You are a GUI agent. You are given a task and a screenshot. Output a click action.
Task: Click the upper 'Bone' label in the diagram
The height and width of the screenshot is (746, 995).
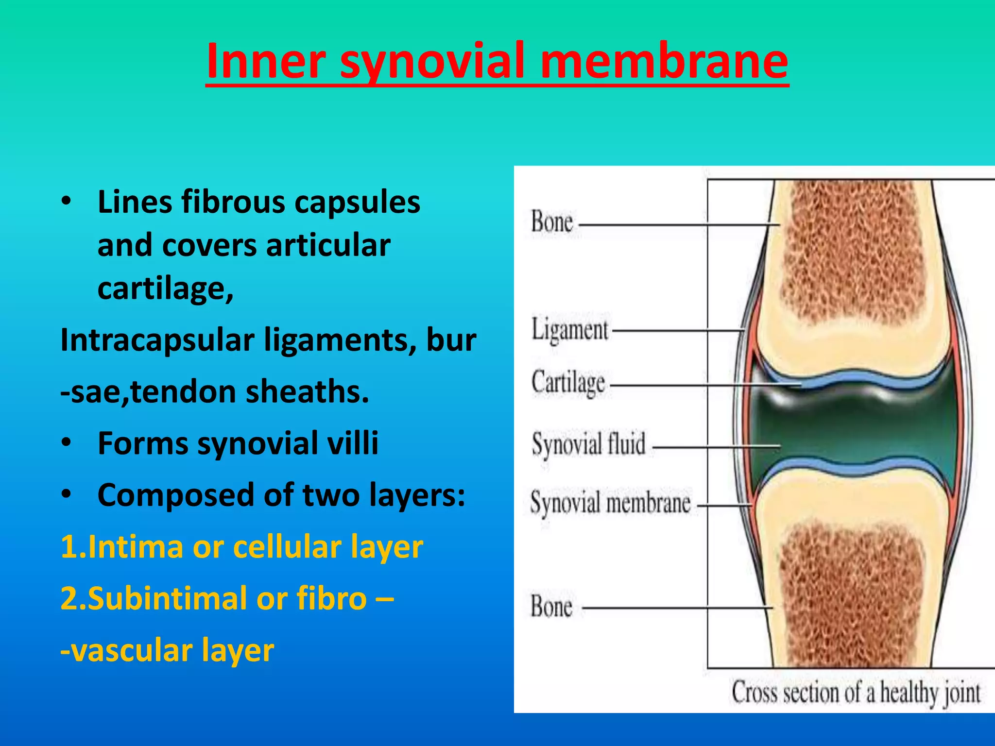click(x=552, y=222)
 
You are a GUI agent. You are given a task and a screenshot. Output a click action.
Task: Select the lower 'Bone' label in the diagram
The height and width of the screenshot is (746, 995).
click(x=551, y=607)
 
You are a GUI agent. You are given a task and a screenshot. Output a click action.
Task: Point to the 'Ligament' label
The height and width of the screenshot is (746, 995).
click(x=569, y=330)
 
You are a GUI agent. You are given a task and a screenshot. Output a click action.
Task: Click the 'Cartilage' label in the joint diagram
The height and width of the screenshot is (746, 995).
click(x=568, y=383)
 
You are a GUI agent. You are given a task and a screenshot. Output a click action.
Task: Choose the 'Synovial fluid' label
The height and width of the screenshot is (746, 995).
click(x=588, y=444)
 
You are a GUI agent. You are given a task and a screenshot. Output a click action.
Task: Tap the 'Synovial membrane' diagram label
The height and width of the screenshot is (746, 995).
click(x=610, y=503)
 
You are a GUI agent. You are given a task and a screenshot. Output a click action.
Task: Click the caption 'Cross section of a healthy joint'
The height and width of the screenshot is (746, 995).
click(x=856, y=693)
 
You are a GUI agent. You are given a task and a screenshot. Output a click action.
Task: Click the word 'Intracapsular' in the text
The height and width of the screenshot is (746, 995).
click(x=157, y=340)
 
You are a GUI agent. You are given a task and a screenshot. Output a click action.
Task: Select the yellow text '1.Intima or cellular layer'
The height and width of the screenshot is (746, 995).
click(x=241, y=547)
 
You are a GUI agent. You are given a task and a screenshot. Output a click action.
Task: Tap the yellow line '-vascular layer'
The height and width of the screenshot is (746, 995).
click(x=167, y=650)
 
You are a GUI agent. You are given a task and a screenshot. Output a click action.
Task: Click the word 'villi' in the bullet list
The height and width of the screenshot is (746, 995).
click(x=353, y=443)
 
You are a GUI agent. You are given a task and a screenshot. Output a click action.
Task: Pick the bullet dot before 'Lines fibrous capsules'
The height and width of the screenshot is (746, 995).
click(x=67, y=201)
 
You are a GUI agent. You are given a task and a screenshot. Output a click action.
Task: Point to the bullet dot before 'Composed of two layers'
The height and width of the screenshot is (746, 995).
click(x=67, y=494)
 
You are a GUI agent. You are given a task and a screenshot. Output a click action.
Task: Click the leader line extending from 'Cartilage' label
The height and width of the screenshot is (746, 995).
click(x=704, y=386)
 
